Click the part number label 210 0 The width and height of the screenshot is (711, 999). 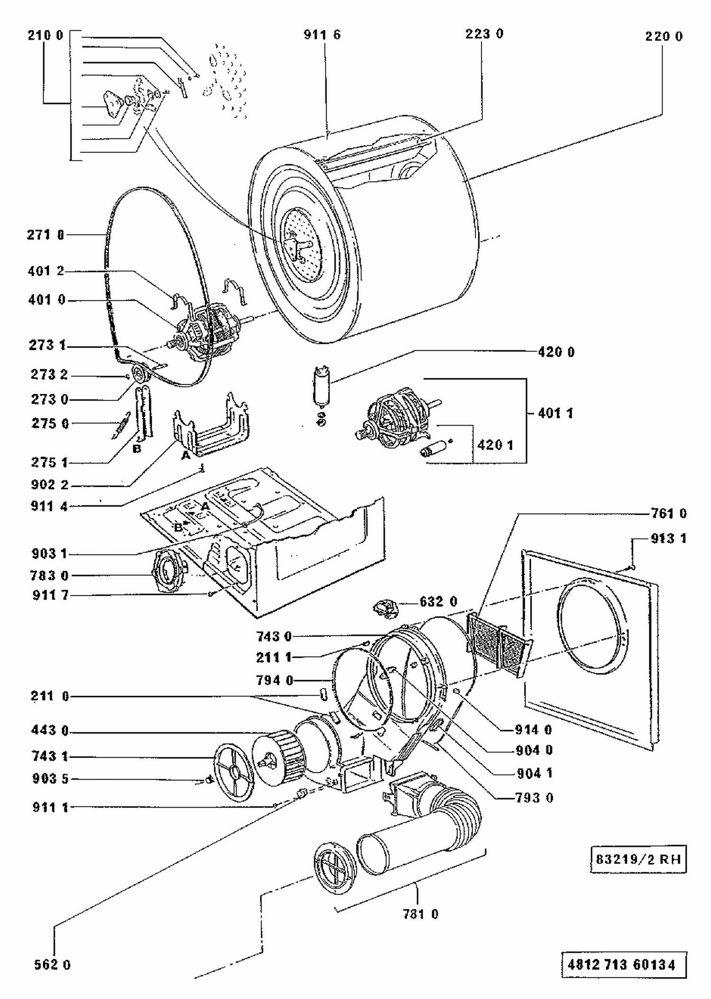click(45, 36)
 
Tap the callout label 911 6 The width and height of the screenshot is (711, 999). click(322, 35)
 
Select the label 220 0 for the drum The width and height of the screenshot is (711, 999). click(664, 36)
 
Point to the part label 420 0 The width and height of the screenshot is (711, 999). click(556, 352)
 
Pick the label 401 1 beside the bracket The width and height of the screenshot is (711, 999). click(555, 413)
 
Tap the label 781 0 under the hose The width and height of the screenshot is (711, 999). click(420, 914)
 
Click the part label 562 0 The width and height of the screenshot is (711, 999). click(52, 965)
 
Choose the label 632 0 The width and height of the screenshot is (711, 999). click(438, 602)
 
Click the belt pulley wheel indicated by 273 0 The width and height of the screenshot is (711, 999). click(140, 375)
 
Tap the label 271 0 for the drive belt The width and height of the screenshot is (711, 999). click(46, 235)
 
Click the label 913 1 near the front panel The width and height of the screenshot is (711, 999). click(668, 539)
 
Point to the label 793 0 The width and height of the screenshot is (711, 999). click(534, 798)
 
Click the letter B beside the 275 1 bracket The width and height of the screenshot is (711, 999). click(137, 448)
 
